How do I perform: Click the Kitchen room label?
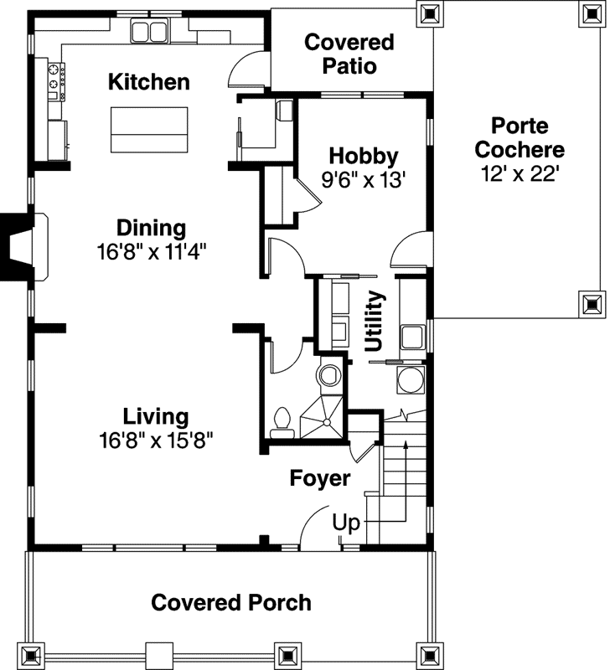pyautogui.click(x=149, y=82)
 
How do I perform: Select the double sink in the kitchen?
pyautogui.click(x=151, y=32)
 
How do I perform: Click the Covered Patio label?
pyautogui.click(x=349, y=54)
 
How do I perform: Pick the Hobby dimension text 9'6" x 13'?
pyautogui.click(x=363, y=178)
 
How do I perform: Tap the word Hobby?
pyautogui.click(x=363, y=156)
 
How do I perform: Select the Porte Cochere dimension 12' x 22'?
pyautogui.click(x=520, y=173)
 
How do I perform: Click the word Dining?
pyautogui.click(x=151, y=228)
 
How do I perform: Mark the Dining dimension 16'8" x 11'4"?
pyautogui.click(x=151, y=250)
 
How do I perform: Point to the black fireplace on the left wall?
pyautogui.click(x=15, y=247)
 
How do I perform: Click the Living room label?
pyautogui.click(x=156, y=416)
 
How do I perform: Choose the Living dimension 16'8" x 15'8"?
pyautogui.click(x=156, y=440)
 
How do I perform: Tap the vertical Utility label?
pyautogui.click(x=375, y=321)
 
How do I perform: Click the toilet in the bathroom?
pyautogui.click(x=283, y=419)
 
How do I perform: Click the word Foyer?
pyautogui.click(x=320, y=478)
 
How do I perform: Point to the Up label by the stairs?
pyautogui.click(x=346, y=523)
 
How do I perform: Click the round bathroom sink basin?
pyautogui.click(x=330, y=374)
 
